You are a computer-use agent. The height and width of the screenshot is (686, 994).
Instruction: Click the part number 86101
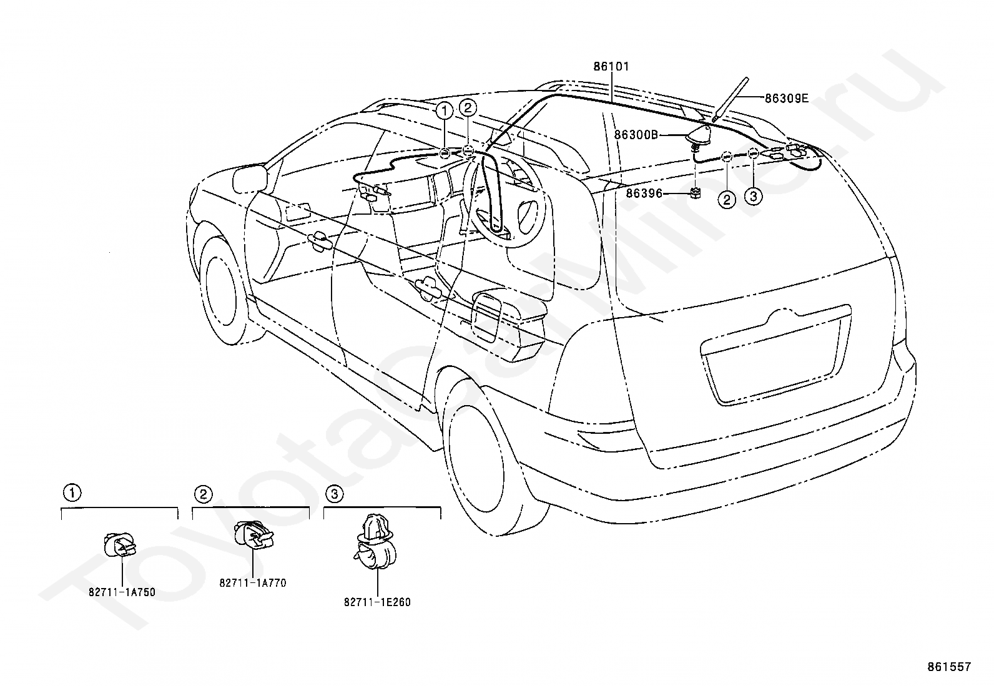611,67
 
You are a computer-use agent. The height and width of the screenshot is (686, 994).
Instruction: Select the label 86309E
787,98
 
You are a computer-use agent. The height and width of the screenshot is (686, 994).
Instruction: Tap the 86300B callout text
636,134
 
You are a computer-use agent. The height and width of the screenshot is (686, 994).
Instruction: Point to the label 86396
644,194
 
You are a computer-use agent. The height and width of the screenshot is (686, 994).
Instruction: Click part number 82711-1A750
122,592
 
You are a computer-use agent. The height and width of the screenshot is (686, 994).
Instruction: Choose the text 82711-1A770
253,582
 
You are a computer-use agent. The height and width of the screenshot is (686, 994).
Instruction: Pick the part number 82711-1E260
377,602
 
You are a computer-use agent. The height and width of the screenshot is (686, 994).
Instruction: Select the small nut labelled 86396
696,194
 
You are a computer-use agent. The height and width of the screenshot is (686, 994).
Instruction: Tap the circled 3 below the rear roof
753,195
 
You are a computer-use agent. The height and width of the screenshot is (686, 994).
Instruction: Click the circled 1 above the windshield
445,111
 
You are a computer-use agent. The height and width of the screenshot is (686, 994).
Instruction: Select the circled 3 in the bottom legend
335,493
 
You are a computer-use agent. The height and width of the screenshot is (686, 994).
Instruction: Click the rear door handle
426,287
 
